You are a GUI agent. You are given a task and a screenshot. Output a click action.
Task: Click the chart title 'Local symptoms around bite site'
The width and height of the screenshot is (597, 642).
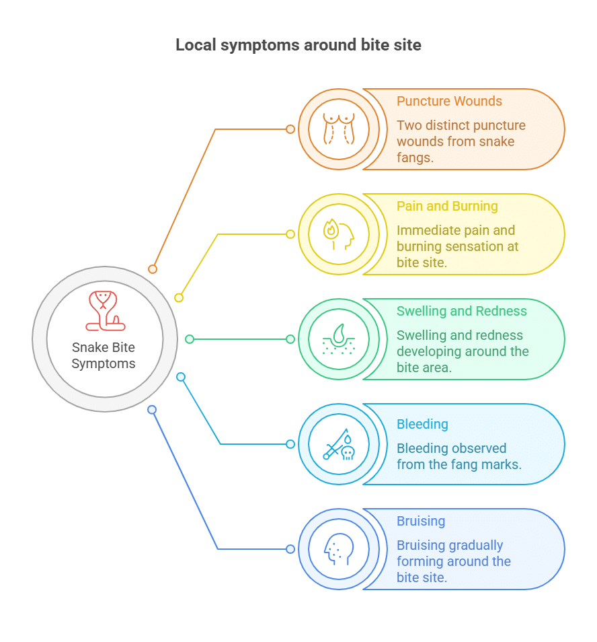[298, 45]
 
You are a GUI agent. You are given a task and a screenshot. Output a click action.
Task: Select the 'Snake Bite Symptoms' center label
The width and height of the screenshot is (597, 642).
[104, 355]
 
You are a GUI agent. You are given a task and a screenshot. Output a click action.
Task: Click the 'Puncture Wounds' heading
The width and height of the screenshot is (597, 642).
[449, 102]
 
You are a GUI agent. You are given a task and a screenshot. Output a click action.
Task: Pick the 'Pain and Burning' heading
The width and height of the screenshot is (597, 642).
[447, 207]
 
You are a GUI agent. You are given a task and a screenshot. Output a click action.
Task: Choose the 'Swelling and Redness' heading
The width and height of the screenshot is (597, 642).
[461, 312]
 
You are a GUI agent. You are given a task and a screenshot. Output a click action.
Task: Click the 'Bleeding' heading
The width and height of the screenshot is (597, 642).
[422, 425]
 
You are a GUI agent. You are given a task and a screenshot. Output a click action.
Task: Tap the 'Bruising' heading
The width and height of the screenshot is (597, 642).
[421, 522]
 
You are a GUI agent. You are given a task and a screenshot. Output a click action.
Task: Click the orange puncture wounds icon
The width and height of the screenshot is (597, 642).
[339, 129]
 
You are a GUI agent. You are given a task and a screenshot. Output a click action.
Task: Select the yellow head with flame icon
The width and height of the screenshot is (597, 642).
[339, 234]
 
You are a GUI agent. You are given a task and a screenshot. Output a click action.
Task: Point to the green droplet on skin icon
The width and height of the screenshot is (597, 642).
[339, 339]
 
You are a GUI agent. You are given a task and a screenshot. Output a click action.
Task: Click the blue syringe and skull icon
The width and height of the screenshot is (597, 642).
[339, 444]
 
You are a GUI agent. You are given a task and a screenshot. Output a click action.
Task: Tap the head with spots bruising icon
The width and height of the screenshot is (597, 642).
[339, 549]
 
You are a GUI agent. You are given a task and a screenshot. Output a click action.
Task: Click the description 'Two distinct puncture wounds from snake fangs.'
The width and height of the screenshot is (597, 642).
[461, 141]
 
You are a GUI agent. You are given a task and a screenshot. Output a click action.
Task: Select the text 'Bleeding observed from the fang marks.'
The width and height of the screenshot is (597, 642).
[459, 456]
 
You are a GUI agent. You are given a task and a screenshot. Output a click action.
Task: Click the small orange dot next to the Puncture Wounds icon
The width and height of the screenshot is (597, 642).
[290, 129]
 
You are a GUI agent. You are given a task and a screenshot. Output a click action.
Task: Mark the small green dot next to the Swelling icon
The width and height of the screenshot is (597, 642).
[290, 339]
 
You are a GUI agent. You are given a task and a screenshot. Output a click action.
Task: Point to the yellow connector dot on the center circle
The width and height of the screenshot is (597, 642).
[179, 297]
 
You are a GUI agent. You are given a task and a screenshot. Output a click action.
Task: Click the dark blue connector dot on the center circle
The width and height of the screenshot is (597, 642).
[152, 410]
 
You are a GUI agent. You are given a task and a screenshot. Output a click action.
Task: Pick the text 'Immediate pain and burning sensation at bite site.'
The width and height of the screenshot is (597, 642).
[457, 246]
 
